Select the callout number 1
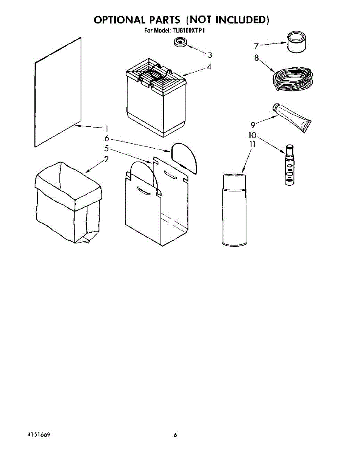click(x=107, y=128)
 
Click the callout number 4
click(x=209, y=67)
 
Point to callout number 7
click(x=257, y=46)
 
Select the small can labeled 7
click(x=296, y=43)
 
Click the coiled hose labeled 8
click(x=293, y=80)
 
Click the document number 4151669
click(x=40, y=435)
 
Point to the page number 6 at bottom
click(x=175, y=435)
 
